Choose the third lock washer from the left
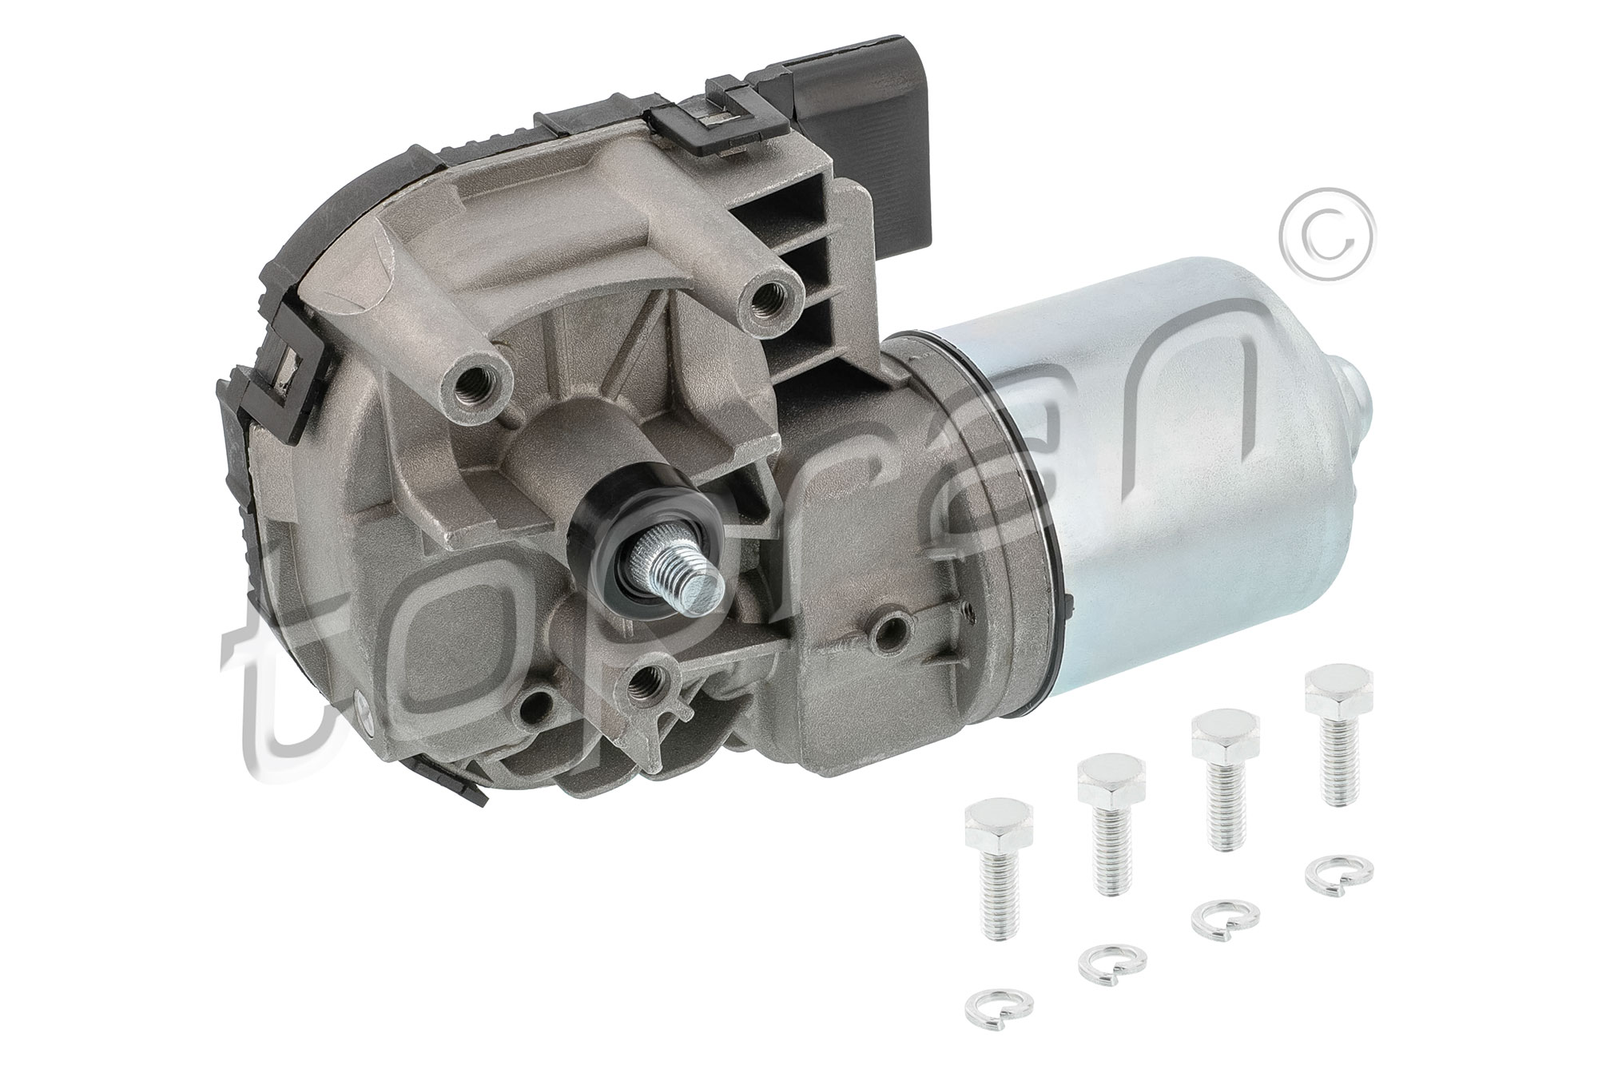click(1224, 920)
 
